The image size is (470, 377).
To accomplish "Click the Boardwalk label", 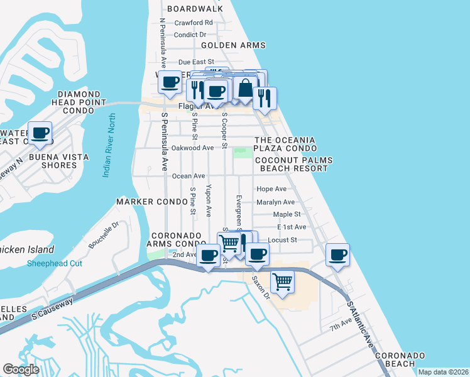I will click(x=195, y=9).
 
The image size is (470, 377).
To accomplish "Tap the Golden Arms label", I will click(x=232, y=45).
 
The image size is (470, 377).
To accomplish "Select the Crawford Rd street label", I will click(x=194, y=23).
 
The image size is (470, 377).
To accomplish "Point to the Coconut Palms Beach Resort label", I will click(x=293, y=165).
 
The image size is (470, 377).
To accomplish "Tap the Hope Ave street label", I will click(x=271, y=188).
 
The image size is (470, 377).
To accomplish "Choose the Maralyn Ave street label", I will click(x=275, y=202).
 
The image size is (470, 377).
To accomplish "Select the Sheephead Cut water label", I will click(x=54, y=263).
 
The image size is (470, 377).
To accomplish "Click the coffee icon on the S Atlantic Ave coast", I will click(x=338, y=256).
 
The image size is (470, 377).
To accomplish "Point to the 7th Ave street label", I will click(x=342, y=327).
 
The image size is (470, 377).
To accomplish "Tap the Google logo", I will click(x=21, y=369).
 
